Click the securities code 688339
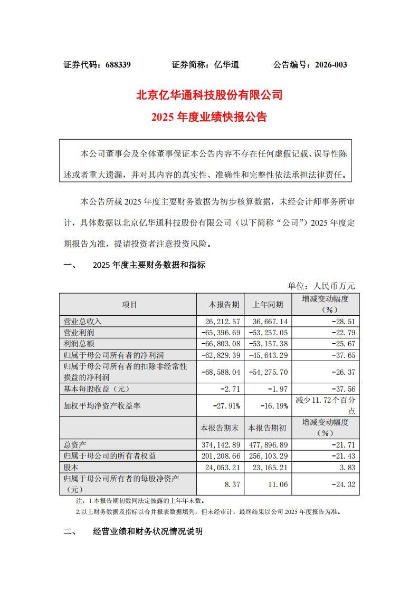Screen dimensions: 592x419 pyautogui.click(x=118, y=65)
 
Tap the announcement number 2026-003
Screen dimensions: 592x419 pyautogui.click(x=331, y=65)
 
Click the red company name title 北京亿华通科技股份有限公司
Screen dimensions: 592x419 pyautogui.click(x=209, y=95)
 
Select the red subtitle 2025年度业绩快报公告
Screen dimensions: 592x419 pyautogui.click(x=209, y=117)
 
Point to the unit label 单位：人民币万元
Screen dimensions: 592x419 pyautogui.click(x=321, y=286)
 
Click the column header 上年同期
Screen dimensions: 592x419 pyautogui.click(x=268, y=305)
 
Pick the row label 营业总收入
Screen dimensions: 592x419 pyautogui.click(x=82, y=321)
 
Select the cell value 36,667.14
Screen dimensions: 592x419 pyautogui.click(x=269, y=321)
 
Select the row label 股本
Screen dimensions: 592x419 pyautogui.click(x=71, y=467)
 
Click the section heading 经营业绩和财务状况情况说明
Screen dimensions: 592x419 pyautogui.click(x=147, y=531)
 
